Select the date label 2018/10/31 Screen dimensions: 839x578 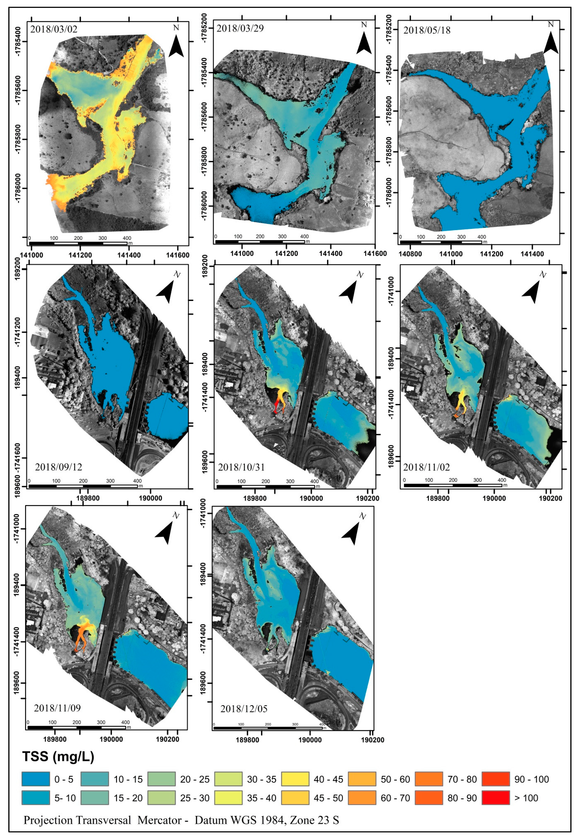[x=241, y=467]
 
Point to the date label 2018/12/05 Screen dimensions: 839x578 [x=244, y=709]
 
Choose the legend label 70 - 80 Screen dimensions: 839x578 [x=462, y=779]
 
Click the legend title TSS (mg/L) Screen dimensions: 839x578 [x=58, y=756]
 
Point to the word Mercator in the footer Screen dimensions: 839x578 [x=159, y=820]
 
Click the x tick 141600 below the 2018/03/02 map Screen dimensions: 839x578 [x=177, y=255]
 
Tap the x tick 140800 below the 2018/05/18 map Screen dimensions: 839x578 [x=410, y=254]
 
